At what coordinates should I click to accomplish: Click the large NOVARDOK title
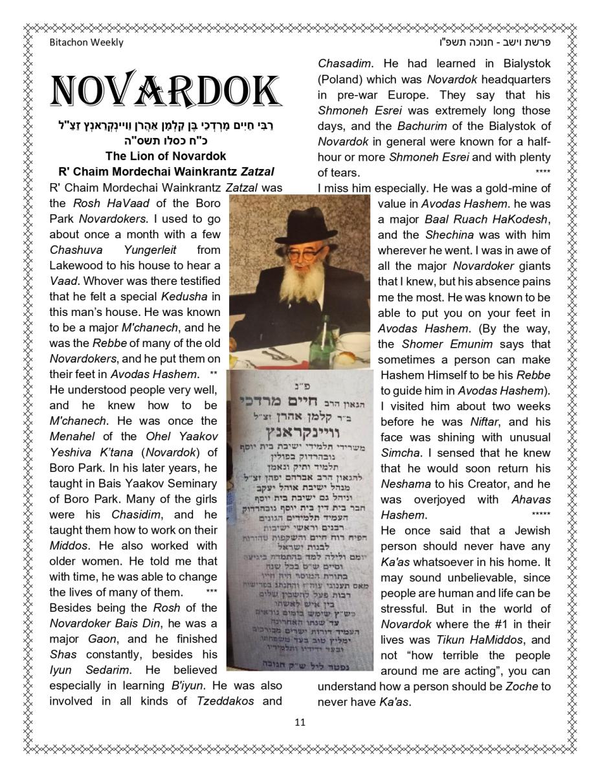pos(165,91)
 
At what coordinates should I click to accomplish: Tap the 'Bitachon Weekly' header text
pos(86,43)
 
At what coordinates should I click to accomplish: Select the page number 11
pos(300,723)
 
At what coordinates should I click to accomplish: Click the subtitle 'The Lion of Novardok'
pos(165,156)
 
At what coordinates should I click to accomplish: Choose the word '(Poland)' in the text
pos(340,80)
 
